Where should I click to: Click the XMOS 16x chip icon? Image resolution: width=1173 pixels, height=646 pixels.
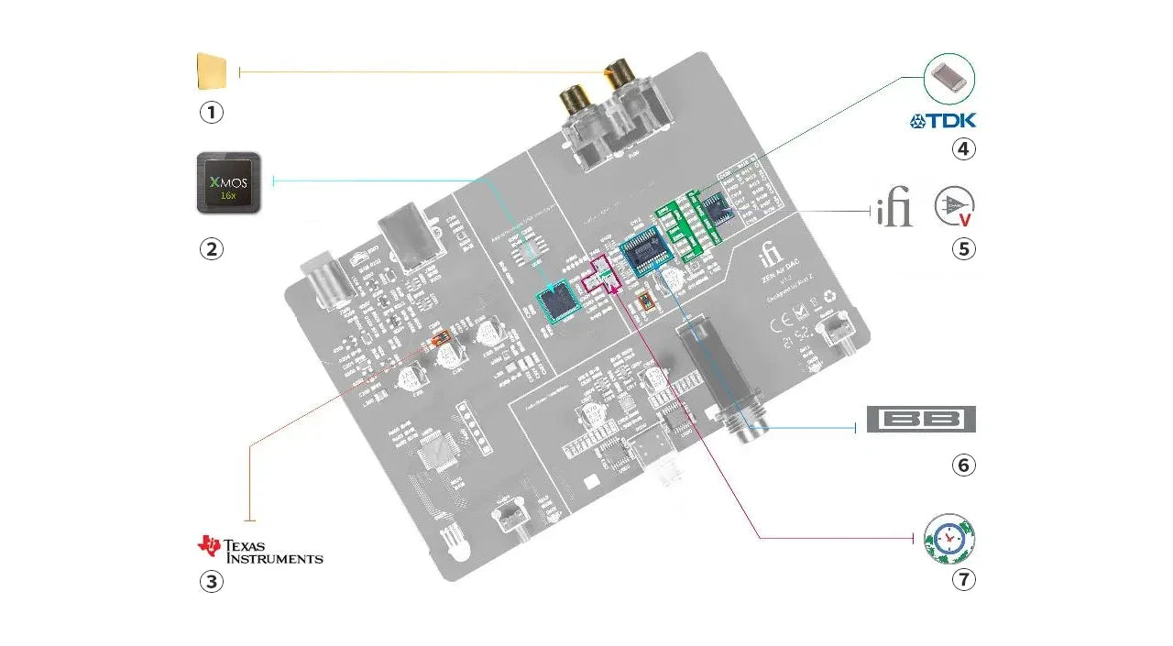[229, 182]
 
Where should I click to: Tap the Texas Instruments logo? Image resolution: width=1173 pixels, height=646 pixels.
[260, 549]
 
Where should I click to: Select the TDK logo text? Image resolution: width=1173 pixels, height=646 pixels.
[943, 120]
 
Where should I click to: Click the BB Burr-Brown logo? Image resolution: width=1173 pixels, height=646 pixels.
[921, 419]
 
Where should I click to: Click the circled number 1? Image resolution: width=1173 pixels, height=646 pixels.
[212, 113]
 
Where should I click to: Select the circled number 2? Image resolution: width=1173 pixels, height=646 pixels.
[212, 248]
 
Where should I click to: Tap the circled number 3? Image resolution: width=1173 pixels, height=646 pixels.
[212, 581]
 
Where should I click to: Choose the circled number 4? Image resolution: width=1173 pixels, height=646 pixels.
[963, 148]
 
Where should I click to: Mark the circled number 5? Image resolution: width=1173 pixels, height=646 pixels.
[963, 248]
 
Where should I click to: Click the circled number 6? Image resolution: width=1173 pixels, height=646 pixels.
[963, 465]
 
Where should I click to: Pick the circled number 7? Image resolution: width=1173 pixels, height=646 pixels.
[963, 580]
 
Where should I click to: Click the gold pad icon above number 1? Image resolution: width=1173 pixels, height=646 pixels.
[212, 71]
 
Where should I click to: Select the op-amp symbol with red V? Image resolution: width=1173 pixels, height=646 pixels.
[955, 207]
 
